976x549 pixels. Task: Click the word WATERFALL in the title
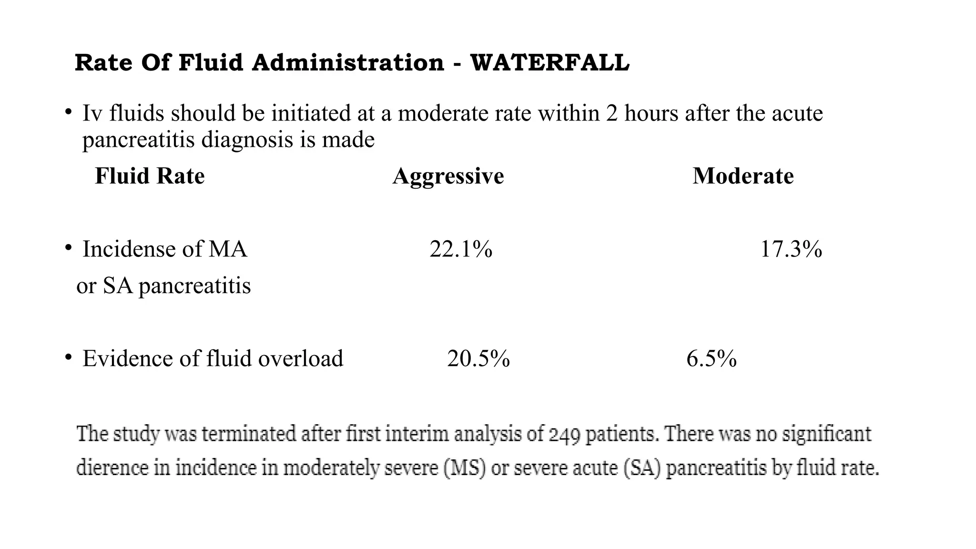pos(549,63)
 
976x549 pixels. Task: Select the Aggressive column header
pos(448,176)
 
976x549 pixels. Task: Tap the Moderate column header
pos(743,176)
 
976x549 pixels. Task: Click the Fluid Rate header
pos(150,176)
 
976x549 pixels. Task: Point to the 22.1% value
pos(461,249)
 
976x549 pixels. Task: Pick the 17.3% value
pos(791,249)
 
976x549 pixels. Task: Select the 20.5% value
pos(478,358)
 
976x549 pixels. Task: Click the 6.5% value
pos(712,358)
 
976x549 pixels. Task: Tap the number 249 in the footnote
pos(564,435)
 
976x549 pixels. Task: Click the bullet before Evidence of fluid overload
pos(69,357)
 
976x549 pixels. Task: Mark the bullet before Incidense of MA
pos(69,248)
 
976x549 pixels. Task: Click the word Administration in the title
pos(348,63)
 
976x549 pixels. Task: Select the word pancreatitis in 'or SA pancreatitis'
pos(194,286)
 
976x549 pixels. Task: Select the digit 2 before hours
pos(612,113)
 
